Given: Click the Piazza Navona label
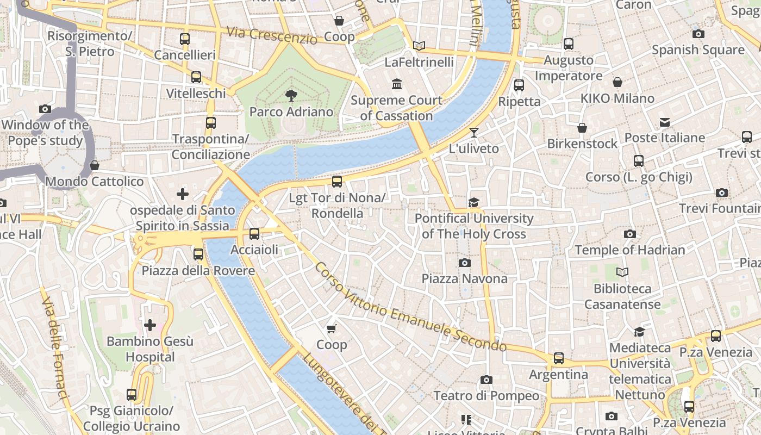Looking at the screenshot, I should click(465, 279).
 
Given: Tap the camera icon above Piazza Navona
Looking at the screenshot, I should click(465, 263).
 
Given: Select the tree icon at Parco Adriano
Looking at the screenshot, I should click(291, 96).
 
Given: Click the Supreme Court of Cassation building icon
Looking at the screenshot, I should click(397, 84).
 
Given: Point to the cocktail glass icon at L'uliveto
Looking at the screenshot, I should click(474, 132).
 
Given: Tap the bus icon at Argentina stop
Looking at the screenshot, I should click(559, 358).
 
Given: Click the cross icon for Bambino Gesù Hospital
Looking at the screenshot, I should click(150, 325).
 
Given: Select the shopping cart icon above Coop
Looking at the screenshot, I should click(332, 328).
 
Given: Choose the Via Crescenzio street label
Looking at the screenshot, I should click(272, 35).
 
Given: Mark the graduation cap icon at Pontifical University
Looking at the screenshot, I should click(474, 202).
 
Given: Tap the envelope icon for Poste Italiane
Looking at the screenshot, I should click(665, 122).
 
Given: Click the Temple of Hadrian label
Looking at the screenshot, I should click(630, 250).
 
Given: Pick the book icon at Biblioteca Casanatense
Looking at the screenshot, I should click(622, 272).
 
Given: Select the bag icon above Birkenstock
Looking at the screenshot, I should click(582, 128).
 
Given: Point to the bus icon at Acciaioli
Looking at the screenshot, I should click(254, 234).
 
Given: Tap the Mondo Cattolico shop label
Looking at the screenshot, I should click(95, 182).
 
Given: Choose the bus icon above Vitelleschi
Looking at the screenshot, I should click(196, 77).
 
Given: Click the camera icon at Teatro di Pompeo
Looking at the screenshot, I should click(486, 380).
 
